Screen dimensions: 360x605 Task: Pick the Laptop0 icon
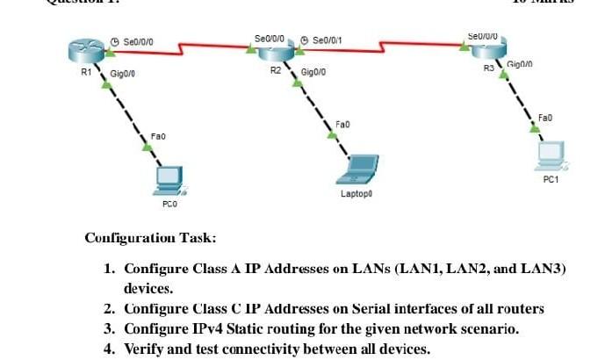361,168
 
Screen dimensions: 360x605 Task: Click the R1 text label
85,73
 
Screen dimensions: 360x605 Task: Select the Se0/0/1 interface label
327,40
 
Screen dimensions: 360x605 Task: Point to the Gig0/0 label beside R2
313,72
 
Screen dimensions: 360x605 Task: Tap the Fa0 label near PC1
544,116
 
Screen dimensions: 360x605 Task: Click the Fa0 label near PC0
158,136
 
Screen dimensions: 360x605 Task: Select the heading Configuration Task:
149,238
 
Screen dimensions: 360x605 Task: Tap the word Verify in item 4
144,349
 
